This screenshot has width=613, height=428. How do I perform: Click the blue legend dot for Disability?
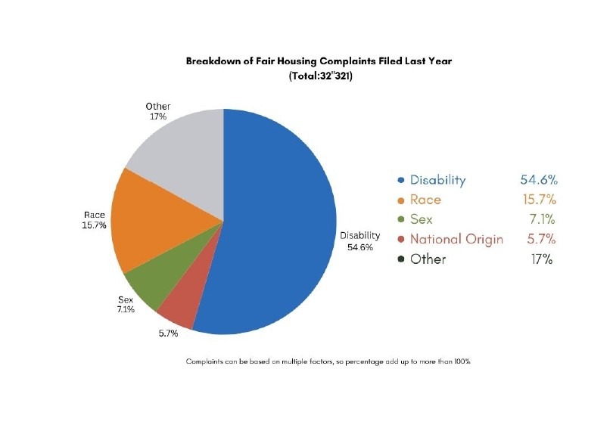(400, 181)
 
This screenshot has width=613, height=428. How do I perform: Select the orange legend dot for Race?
(400, 200)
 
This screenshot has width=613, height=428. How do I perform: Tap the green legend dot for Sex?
(400, 220)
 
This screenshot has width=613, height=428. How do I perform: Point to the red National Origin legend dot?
(400, 240)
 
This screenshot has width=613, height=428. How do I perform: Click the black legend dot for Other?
(400, 259)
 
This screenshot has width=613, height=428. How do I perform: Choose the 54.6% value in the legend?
(538, 180)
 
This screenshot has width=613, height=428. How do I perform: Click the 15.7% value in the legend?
(538, 200)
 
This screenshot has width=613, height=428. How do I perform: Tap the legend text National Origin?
(456, 240)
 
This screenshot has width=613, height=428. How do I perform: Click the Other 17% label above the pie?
(158, 111)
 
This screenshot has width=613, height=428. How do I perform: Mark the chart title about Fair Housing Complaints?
(318, 61)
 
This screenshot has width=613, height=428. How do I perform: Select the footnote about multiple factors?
(328, 361)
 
